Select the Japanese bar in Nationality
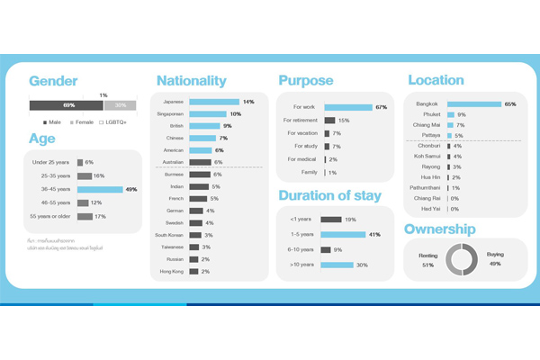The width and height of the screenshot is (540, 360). point(214,102)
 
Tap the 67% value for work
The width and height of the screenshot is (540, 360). point(382,107)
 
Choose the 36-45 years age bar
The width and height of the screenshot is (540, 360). point(99,190)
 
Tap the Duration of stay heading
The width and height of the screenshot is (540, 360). point(330,195)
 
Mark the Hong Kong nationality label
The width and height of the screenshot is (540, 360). point(171,271)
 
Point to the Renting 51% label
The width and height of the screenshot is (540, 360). point(427,261)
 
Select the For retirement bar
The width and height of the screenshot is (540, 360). point(330,120)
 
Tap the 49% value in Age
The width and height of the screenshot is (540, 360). point(130,190)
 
